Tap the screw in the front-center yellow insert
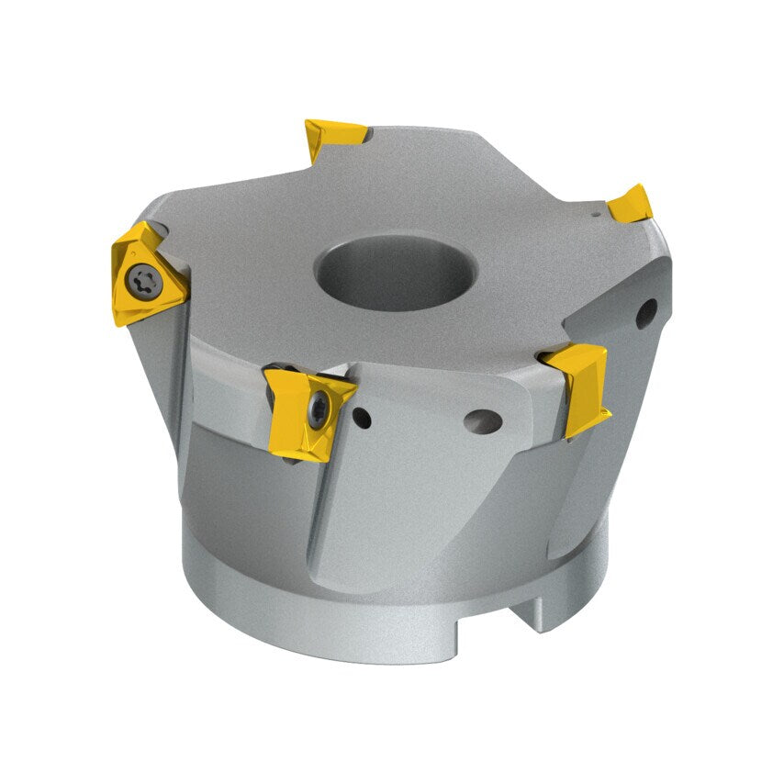pos(319,410)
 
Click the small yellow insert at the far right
pos(632,204)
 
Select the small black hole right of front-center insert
pos(363,420)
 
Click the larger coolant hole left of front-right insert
pos(482,422)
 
